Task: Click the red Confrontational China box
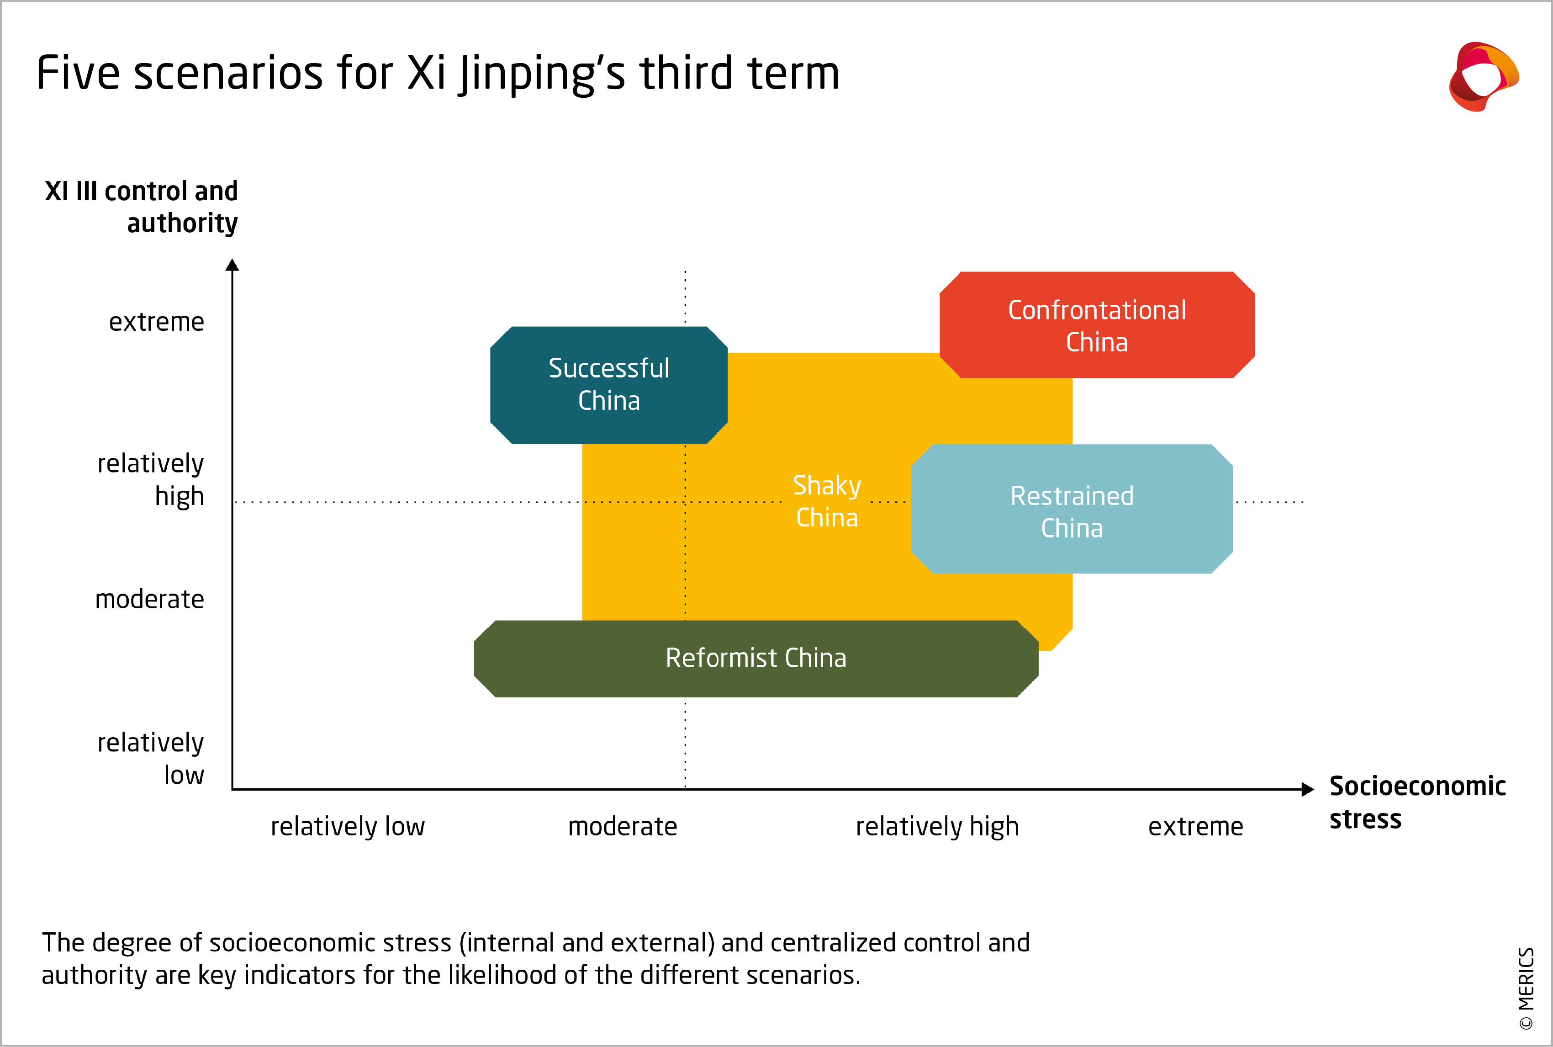[1097, 325]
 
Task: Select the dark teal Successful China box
[609, 385]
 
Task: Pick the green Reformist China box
[755, 659]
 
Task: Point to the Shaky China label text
[826, 501]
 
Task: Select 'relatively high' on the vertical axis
[151, 479]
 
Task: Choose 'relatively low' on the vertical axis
[151, 759]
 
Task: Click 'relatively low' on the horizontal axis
[348, 827]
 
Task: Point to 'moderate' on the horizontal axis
[623, 827]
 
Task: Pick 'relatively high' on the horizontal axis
[937, 827]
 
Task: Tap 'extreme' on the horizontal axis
[1195, 827]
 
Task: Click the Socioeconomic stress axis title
[1417, 802]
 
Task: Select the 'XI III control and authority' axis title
[142, 207]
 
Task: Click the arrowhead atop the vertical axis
[232, 265]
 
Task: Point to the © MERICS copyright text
[1526, 988]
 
